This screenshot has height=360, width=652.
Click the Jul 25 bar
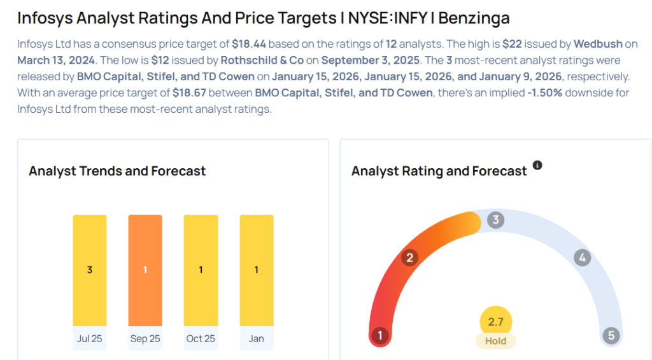coord(90,270)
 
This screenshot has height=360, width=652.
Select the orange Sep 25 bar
coord(145,270)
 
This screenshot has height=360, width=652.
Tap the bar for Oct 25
coord(201,270)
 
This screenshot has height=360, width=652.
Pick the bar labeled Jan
coord(257,270)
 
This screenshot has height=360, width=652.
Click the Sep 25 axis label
coord(145,338)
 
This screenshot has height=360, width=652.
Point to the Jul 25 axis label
coord(90,338)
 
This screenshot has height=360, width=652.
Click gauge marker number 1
coord(380,335)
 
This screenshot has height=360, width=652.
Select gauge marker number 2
coord(411,257)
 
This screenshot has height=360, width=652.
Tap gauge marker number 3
coord(495,220)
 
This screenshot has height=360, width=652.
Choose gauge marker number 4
coord(581,257)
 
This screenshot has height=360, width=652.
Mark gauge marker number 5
coord(611,335)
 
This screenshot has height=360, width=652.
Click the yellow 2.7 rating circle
coord(495,322)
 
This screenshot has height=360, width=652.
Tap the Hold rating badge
coord(495,341)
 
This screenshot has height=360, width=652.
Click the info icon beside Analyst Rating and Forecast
coord(537,166)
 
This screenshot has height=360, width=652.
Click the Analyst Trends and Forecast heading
coord(117,171)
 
